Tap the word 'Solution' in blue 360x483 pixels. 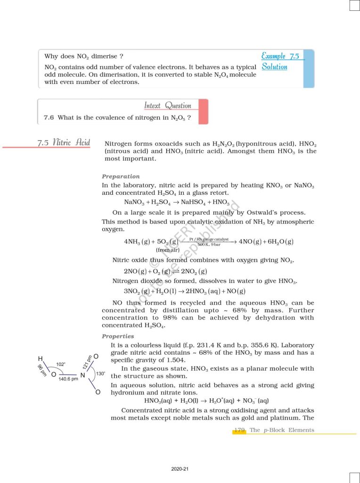[274, 67]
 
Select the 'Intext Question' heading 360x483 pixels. [168, 106]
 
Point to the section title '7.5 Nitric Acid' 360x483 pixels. [64, 142]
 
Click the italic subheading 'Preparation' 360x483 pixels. [121, 176]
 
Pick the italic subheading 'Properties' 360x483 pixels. [118, 336]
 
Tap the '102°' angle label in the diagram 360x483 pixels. [61, 364]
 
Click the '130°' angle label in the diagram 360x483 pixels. [100, 374]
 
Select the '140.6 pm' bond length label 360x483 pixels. [68, 379]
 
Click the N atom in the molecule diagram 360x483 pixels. [82, 375]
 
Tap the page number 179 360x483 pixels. [239, 430]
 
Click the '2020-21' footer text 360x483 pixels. [180, 469]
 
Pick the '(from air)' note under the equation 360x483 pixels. [168, 250]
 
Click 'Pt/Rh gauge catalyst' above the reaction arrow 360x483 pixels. [209, 240]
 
